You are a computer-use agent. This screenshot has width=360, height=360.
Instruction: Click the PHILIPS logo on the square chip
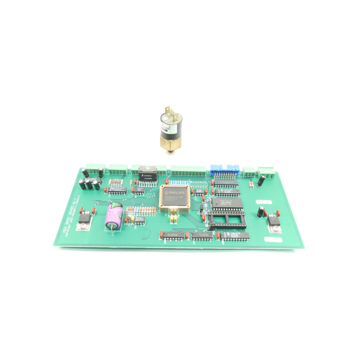[x=175, y=194]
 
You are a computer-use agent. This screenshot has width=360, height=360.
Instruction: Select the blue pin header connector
[x=225, y=170]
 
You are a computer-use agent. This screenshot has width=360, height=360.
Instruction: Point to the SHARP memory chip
[x=227, y=204]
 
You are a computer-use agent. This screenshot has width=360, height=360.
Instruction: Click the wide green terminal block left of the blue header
[x=188, y=171]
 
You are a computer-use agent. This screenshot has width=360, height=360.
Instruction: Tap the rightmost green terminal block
[x=266, y=172]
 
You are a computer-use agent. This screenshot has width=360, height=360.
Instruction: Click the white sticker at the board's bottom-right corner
[x=273, y=240]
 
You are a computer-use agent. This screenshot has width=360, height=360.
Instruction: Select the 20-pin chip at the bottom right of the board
[x=234, y=236]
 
